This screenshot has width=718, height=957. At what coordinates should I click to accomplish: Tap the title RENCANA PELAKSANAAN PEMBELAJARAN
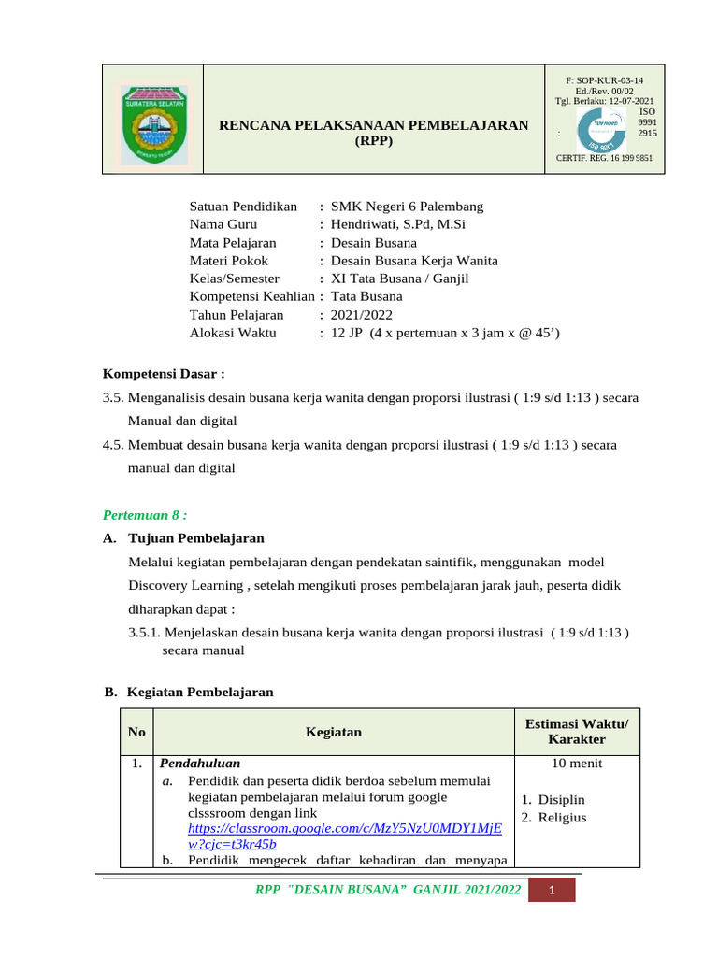(373, 125)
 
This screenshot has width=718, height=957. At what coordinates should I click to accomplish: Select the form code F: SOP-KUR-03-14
(605, 81)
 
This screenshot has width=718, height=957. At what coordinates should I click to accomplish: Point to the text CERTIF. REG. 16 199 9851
(604, 159)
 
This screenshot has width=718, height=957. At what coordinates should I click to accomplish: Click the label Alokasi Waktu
(231, 333)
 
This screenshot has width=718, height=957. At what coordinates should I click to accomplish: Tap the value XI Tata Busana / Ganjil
(400, 279)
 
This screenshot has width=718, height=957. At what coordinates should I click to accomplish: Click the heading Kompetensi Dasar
(164, 375)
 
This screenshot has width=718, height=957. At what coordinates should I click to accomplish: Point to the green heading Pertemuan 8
(146, 515)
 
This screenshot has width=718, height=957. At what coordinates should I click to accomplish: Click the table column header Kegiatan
(334, 732)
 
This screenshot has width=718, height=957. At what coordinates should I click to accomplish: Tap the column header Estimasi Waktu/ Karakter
(577, 732)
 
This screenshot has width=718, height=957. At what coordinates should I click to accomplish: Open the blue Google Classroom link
(344, 836)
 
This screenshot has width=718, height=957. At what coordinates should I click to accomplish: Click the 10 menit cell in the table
(577, 764)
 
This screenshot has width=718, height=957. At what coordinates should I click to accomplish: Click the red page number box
(552, 891)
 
